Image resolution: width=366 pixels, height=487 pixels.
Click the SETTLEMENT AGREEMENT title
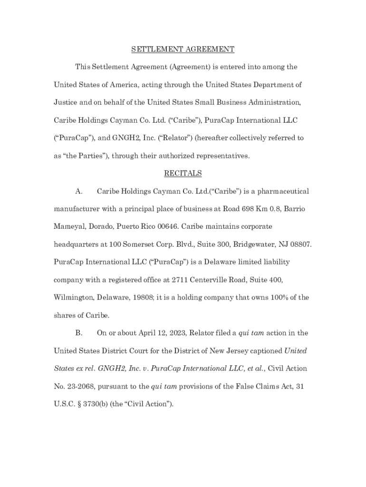coord(183,49)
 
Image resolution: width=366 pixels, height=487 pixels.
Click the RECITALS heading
coord(183,174)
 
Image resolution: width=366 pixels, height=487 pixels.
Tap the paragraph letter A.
coord(79,191)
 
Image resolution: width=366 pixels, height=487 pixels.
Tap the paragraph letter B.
coord(79,333)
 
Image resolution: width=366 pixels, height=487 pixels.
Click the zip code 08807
coord(301,244)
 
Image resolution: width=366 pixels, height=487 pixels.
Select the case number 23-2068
coord(78,386)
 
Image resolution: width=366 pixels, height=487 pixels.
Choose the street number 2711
coord(182,280)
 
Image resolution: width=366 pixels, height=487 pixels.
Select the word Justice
coord(65,103)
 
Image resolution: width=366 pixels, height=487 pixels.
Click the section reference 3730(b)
coord(93,404)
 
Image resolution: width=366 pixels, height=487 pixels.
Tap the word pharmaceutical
coord(283,191)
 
